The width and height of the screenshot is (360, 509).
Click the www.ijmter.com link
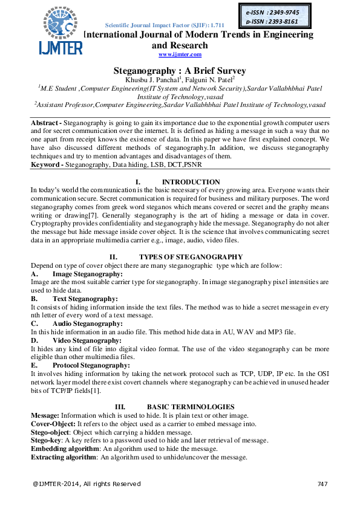(x=180, y=54)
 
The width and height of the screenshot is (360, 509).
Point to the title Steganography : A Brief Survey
(x=180, y=70)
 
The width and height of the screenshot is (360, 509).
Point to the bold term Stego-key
(x=47, y=441)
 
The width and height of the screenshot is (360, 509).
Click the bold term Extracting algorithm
(x=64, y=458)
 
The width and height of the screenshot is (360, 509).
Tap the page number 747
(x=322, y=484)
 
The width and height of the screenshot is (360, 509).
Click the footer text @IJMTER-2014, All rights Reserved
(x=87, y=484)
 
